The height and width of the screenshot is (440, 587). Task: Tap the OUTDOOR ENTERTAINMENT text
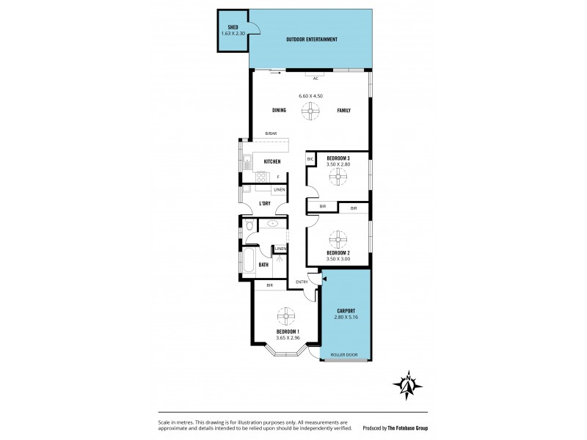[311, 39]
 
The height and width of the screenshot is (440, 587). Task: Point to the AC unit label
[316, 78]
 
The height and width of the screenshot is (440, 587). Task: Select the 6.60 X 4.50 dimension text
[311, 95]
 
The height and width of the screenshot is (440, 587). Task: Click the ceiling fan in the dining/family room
[311, 111]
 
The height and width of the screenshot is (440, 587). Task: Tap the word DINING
[279, 111]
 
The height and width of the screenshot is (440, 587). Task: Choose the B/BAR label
[271, 133]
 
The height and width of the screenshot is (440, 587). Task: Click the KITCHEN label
[272, 161]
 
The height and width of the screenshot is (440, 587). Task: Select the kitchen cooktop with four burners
[261, 177]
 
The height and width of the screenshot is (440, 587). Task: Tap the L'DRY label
[266, 203]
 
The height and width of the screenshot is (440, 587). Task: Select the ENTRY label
[302, 282]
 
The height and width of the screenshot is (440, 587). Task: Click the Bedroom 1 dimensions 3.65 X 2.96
[285, 337]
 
